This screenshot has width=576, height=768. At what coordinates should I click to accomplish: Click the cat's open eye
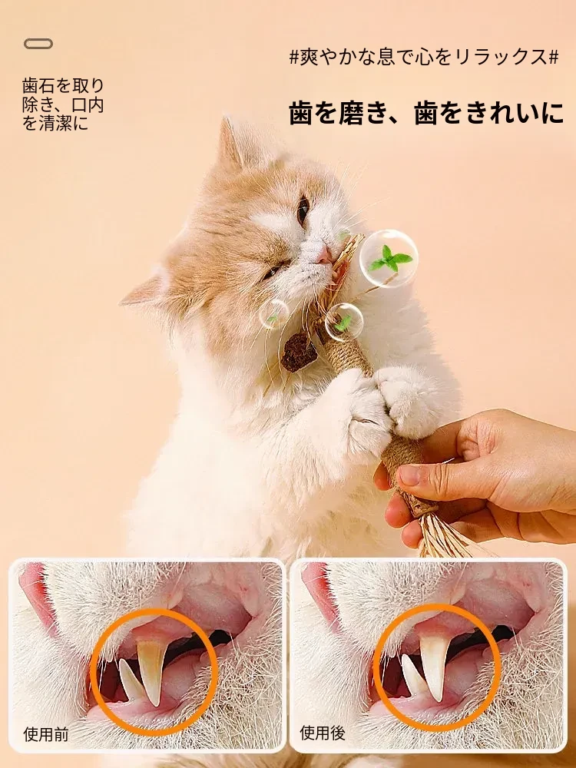[x=303, y=209]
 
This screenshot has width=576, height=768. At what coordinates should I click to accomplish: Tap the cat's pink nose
[x=324, y=255]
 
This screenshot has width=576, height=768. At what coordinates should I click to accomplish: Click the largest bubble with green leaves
[x=389, y=259]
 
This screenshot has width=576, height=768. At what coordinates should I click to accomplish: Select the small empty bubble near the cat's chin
[x=274, y=314]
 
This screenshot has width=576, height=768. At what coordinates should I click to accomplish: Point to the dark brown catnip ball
[x=299, y=353]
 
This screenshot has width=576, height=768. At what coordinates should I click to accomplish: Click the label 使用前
[x=45, y=734]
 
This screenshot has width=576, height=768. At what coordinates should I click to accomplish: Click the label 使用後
[x=323, y=733]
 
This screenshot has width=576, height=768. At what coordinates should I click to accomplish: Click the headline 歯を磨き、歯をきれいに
[x=426, y=113]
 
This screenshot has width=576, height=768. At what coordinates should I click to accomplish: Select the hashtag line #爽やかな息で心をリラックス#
[x=424, y=58]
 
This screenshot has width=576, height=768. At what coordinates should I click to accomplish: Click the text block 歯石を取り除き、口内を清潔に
[x=63, y=104]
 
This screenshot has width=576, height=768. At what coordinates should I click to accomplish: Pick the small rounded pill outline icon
[x=38, y=44]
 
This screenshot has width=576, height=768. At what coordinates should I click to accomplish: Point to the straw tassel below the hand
[x=443, y=534]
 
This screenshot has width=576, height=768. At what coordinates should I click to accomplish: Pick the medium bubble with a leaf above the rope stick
[x=344, y=321]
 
